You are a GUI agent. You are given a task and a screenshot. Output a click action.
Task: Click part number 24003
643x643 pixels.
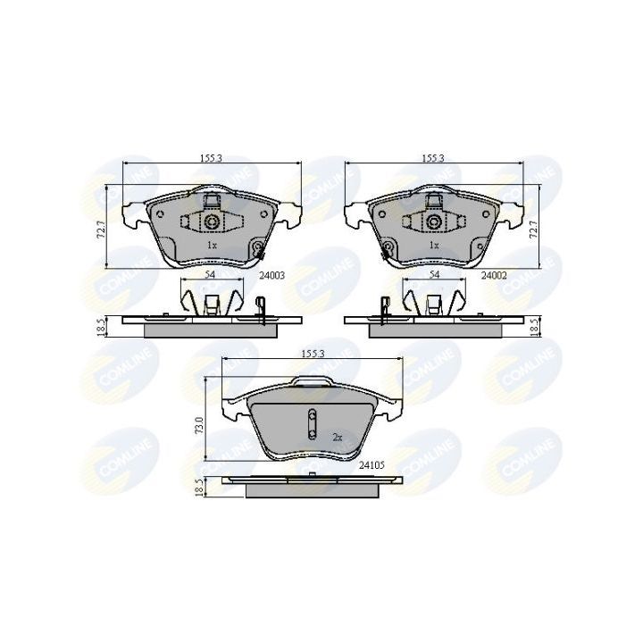271,276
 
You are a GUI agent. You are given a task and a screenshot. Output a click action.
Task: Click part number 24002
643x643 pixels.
494,276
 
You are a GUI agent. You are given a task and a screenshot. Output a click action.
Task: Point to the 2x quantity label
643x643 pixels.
337,438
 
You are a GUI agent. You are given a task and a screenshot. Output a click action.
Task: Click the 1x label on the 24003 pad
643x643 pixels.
212,244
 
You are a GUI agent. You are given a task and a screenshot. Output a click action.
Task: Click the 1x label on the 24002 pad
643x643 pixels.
434,244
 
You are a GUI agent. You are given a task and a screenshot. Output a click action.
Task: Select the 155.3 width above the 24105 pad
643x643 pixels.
311,355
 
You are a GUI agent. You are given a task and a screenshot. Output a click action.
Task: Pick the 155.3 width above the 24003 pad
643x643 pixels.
211,158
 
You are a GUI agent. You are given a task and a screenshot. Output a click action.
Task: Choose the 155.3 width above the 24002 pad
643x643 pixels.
434,158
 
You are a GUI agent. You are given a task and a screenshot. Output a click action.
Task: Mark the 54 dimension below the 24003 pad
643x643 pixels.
211,276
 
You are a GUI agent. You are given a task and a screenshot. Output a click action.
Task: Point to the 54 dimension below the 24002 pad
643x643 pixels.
434,276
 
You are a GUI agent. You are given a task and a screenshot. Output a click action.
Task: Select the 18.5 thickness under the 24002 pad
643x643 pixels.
534,328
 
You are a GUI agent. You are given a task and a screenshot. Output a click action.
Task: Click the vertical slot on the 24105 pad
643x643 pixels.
311,423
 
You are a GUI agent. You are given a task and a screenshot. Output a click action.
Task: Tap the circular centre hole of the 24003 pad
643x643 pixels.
212,221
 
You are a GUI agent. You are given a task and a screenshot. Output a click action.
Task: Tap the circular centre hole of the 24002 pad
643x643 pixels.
434,221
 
